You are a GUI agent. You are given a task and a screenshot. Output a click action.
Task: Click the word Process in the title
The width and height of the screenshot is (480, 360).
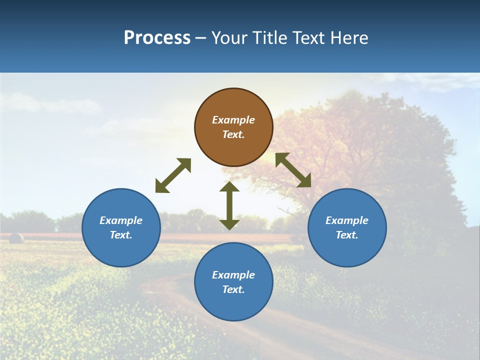tap(157, 38)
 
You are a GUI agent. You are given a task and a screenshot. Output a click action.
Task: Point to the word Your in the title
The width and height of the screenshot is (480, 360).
tap(229, 38)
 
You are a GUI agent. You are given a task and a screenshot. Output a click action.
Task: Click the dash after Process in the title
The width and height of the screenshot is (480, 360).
tap(200, 38)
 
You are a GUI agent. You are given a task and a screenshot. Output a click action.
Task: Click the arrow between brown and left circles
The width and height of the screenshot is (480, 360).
tap(173, 175)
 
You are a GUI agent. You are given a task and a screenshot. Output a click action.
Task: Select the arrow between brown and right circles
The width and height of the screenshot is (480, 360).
tap(293, 170)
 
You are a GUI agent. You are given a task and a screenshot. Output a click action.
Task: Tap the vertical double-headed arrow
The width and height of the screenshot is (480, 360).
tap(229, 205)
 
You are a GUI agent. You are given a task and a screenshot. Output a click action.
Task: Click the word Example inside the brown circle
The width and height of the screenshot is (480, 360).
tap(233, 120)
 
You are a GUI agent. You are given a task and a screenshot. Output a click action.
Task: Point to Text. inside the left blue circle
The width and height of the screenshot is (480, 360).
tap(121, 235)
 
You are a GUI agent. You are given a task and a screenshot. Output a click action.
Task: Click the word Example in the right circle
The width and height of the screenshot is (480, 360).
tap(347, 220)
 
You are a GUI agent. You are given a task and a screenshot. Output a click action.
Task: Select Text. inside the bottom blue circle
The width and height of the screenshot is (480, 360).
tap(233, 289)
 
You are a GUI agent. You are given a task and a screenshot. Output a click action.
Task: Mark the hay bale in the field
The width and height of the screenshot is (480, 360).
tap(16, 238)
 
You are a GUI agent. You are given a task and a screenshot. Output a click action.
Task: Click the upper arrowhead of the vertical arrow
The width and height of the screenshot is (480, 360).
tap(229, 187)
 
